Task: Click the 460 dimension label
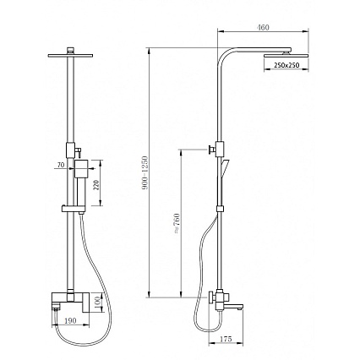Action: (263, 28)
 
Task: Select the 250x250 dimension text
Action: (286, 65)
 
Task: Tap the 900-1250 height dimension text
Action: (145, 172)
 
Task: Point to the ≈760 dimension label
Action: (177, 223)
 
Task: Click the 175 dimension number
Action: (226, 339)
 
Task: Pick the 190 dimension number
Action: (70, 320)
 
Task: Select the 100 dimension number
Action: (97, 303)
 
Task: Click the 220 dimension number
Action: (96, 185)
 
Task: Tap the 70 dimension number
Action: (61, 165)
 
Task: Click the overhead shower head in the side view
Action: (286, 55)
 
